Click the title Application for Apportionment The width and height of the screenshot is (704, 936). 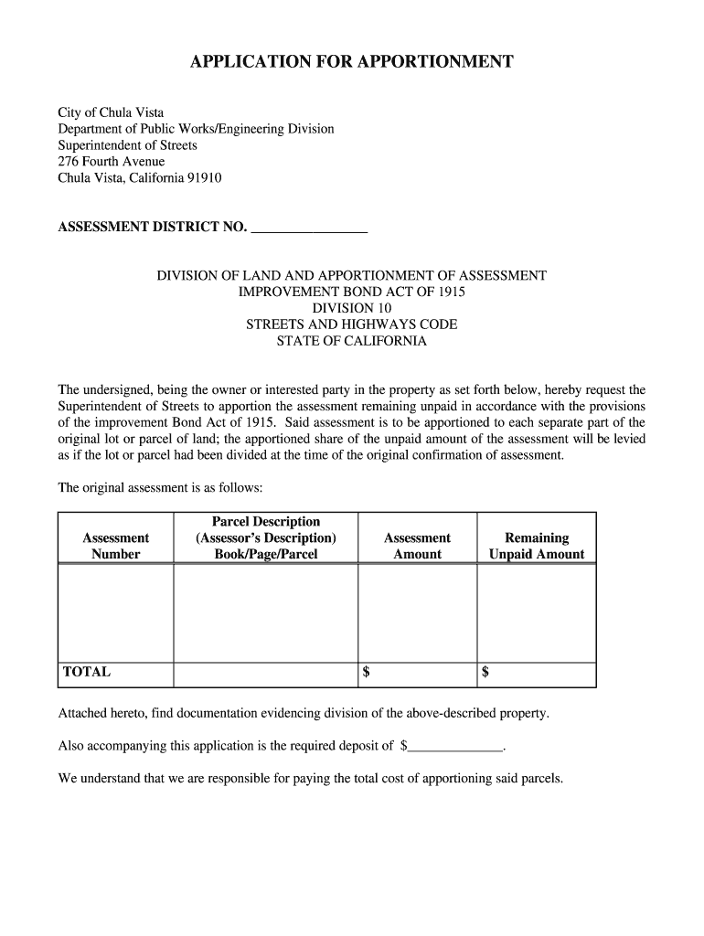(x=352, y=62)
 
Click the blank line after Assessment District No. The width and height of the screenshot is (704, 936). (x=309, y=228)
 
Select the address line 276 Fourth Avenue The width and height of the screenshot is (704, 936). (x=112, y=162)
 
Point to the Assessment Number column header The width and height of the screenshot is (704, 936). (x=116, y=547)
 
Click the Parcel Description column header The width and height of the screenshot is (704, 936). (x=266, y=537)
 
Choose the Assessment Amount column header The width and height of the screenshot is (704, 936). (x=417, y=547)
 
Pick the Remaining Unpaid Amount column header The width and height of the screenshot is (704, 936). (x=537, y=547)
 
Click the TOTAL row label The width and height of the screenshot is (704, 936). (x=87, y=672)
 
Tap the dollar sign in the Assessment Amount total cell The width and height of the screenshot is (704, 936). (x=367, y=673)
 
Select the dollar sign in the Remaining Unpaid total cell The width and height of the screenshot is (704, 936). (x=485, y=673)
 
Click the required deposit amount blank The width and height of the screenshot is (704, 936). (x=455, y=746)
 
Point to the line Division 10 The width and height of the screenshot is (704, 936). (x=352, y=308)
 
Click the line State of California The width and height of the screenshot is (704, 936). (x=352, y=341)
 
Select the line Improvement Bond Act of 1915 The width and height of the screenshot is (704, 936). (x=352, y=292)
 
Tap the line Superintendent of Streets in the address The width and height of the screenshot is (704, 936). (x=128, y=145)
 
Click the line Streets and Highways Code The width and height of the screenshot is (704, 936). (x=352, y=324)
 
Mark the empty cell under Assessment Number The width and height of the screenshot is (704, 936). (x=116, y=613)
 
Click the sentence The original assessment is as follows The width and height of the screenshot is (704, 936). (x=161, y=488)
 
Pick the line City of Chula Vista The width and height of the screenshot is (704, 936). (x=112, y=112)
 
